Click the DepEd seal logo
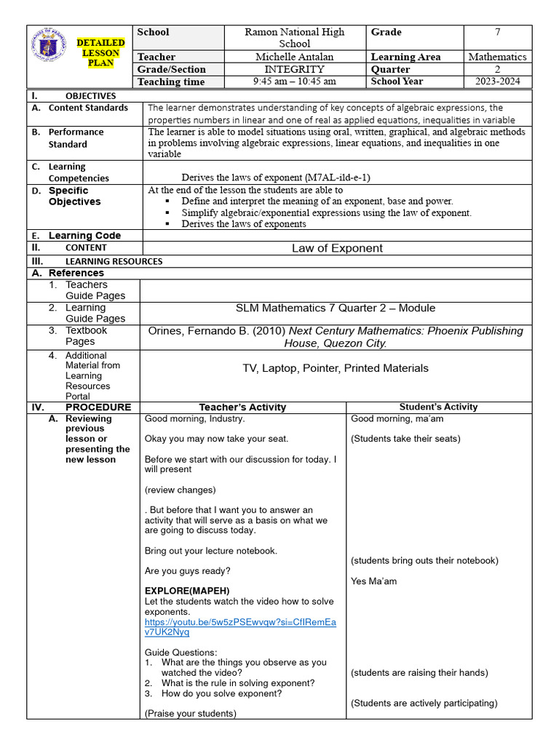(x=51, y=55)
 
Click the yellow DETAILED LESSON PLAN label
(x=101, y=53)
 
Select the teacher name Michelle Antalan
(x=295, y=57)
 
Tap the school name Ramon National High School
(x=295, y=38)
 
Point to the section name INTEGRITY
(x=295, y=69)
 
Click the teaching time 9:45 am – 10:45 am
(x=295, y=81)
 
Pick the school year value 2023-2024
(x=497, y=81)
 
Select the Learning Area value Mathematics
(x=497, y=57)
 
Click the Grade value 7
(x=497, y=32)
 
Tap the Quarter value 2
(x=497, y=69)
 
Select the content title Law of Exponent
(x=337, y=248)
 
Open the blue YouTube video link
(x=240, y=627)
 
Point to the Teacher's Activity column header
(x=242, y=407)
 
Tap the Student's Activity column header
(x=438, y=407)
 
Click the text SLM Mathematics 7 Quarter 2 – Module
(x=336, y=308)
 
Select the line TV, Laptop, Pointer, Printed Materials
(x=336, y=368)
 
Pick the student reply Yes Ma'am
(x=373, y=581)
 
